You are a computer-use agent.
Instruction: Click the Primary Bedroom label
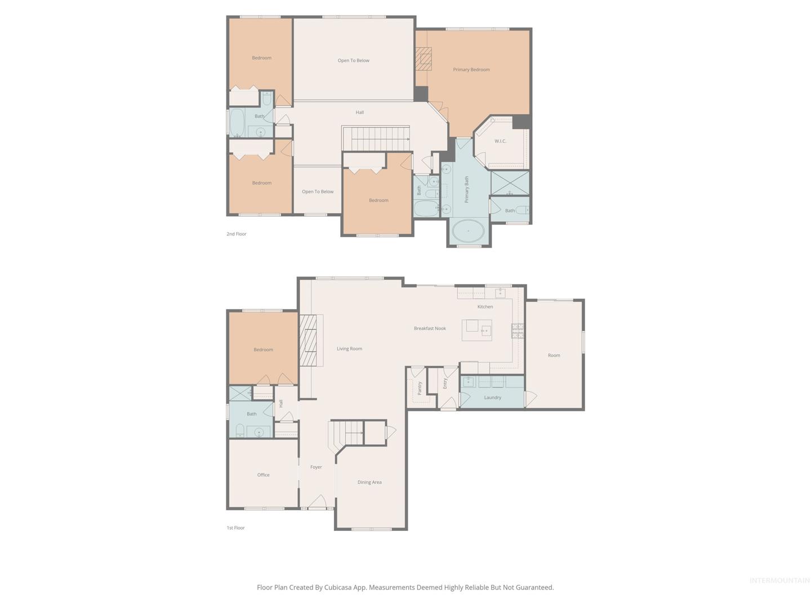(x=471, y=69)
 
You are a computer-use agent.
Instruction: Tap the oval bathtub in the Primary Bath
(x=468, y=231)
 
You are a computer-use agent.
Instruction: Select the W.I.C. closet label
(x=500, y=141)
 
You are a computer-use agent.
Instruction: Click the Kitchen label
(x=485, y=306)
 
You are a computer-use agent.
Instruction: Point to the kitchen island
(x=476, y=330)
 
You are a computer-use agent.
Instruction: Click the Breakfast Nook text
(x=430, y=328)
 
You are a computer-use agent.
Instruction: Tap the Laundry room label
(x=492, y=397)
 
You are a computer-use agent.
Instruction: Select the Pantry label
(x=420, y=388)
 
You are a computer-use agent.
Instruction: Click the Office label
(x=263, y=475)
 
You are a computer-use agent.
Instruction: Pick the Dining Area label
(x=369, y=482)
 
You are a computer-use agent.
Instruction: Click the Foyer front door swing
(x=317, y=501)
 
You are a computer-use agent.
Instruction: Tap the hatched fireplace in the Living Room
(x=308, y=340)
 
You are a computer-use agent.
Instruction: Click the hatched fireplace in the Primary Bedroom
(x=423, y=59)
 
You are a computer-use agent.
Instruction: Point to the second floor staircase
(x=376, y=138)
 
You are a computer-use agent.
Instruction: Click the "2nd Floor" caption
(x=237, y=234)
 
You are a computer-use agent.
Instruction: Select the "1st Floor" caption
(x=236, y=527)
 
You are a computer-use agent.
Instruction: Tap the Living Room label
(x=349, y=348)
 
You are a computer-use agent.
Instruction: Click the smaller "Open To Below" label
(x=318, y=191)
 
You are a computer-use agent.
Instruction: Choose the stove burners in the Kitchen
(x=517, y=331)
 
